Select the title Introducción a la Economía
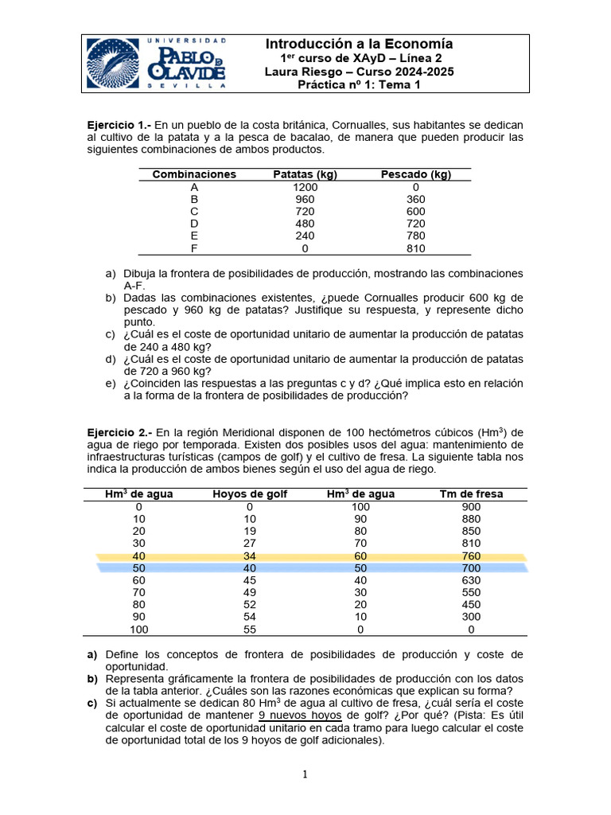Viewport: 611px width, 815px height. (x=359, y=45)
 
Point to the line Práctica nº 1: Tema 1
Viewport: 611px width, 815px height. (x=359, y=86)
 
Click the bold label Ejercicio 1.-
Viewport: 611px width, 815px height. (x=119, y=126)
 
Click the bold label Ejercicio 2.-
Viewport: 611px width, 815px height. (x=119, y=432)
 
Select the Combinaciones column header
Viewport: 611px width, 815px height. (x=194, y=174)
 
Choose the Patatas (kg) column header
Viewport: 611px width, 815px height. (x=305, y=174)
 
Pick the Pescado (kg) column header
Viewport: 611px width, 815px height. (x=415, y=174)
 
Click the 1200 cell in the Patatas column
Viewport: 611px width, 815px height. (x=305, y=187)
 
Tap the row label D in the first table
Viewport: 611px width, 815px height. (x=194, y=224)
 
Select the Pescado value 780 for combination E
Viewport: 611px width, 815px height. (x=415, y=236)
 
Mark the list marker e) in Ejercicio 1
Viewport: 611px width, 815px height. (x=111, y=383)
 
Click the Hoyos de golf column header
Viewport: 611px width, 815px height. (x=249, y=494)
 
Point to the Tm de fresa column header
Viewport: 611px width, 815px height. (x=471, y=494)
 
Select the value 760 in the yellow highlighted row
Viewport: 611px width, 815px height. (x=471, y=556)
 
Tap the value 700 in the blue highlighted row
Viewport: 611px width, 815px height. (x=471, y=568)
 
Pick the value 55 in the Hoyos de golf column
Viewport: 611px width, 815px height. (x=249, y=630)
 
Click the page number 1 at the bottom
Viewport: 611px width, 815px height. (x=305, y=775)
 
